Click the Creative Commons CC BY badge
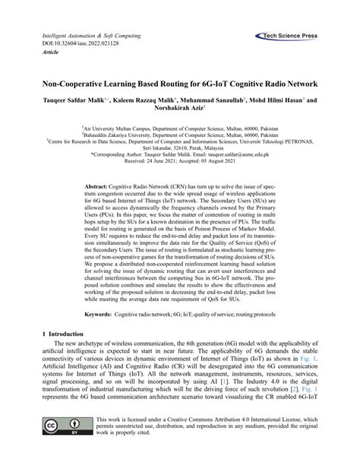(x=65, y=445)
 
